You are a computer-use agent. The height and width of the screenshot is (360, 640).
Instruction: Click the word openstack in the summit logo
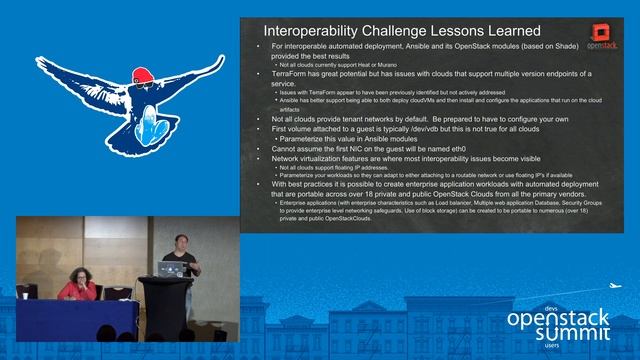(560, 317)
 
